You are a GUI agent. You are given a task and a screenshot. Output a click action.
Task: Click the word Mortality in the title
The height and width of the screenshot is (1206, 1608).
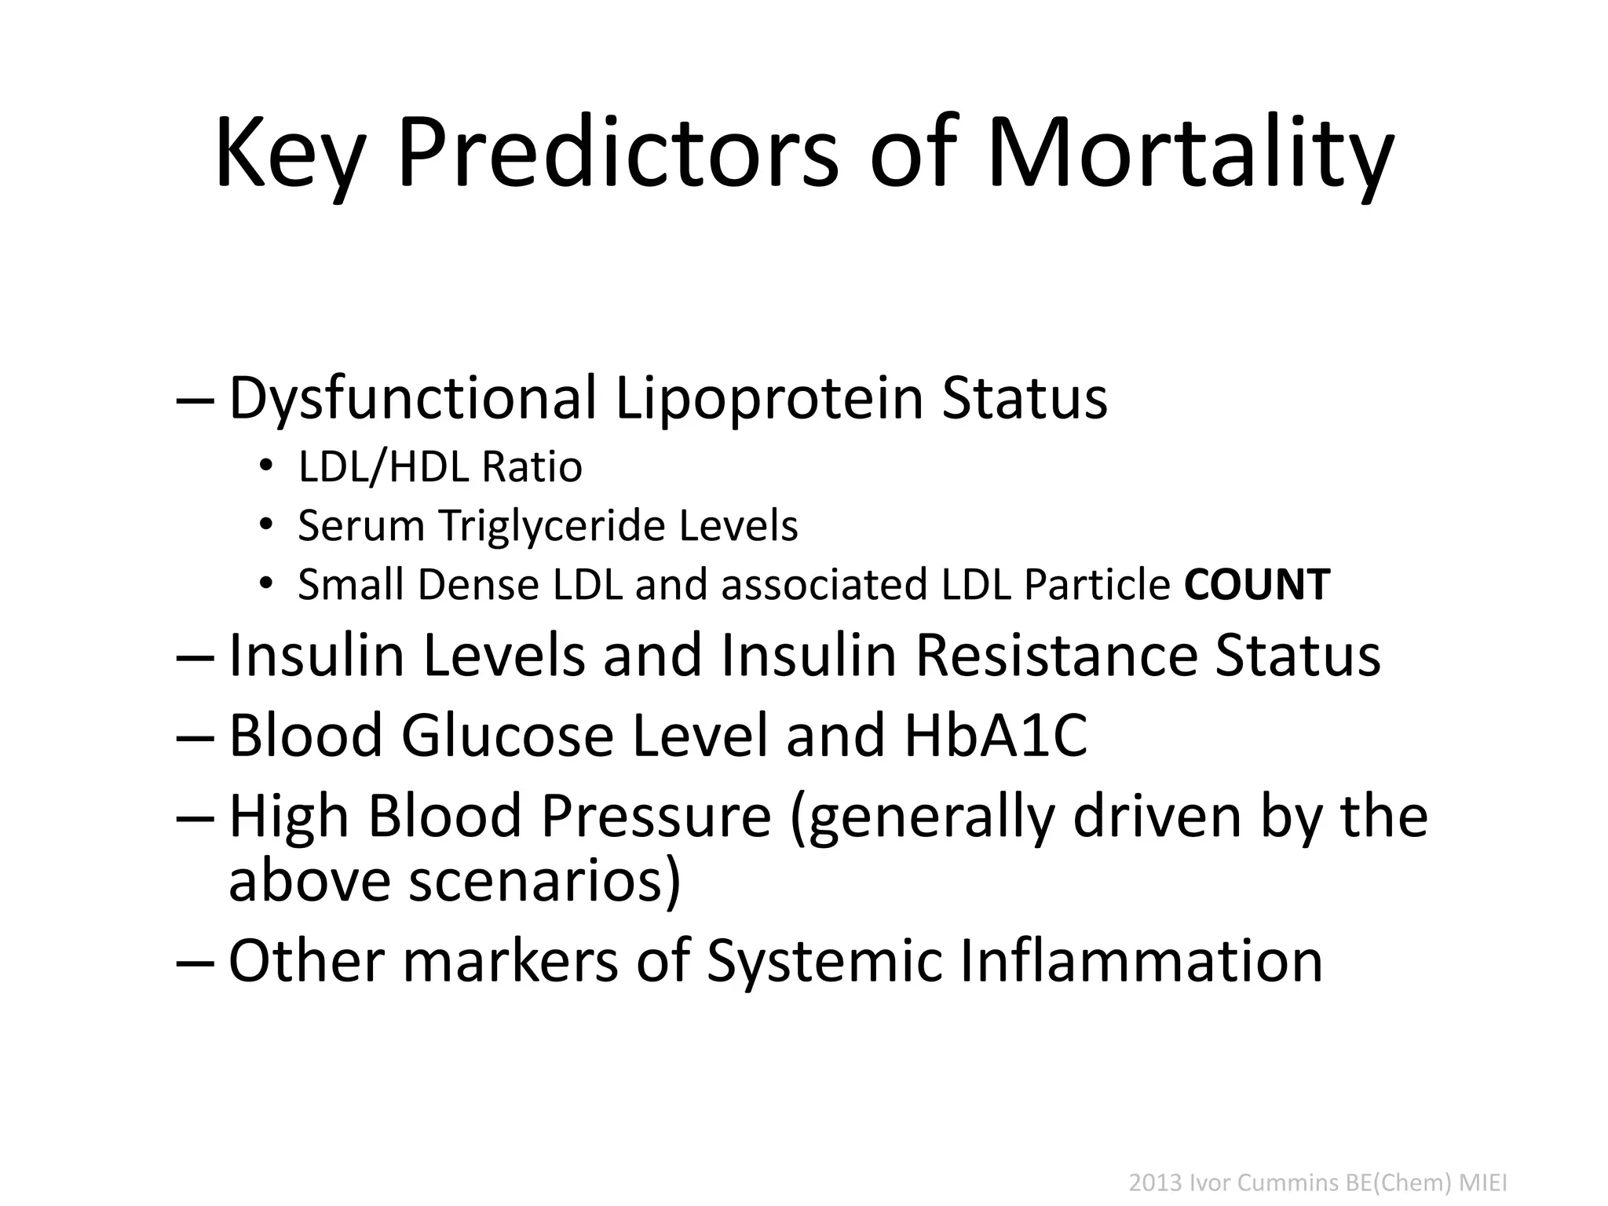click(x=1189, y=152)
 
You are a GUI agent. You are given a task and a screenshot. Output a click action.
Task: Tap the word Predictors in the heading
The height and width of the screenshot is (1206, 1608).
click(x=618, y=152)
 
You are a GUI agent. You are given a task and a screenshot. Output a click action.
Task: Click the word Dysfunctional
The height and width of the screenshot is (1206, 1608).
click(x=412, y=398)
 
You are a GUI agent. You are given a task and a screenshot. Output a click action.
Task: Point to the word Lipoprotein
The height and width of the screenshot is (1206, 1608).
click(x=769, y=398)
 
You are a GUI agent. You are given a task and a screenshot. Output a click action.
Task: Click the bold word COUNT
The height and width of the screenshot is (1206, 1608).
click(x=1257, y=585)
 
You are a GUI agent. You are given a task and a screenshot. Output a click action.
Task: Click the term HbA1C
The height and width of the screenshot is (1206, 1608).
click(x=996, y=735)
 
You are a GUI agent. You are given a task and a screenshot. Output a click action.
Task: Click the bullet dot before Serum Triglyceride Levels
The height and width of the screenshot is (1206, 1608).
click(x=266, y=524)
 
